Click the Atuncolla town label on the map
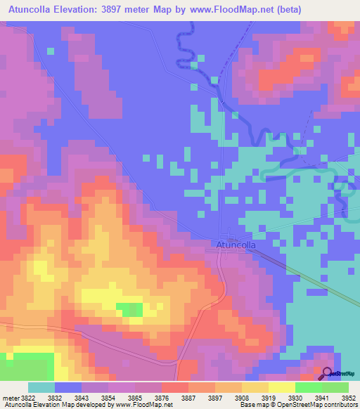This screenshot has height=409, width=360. (235, 245)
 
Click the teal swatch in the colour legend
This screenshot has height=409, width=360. (41, 387)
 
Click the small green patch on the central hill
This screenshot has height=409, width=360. (129, 309)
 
